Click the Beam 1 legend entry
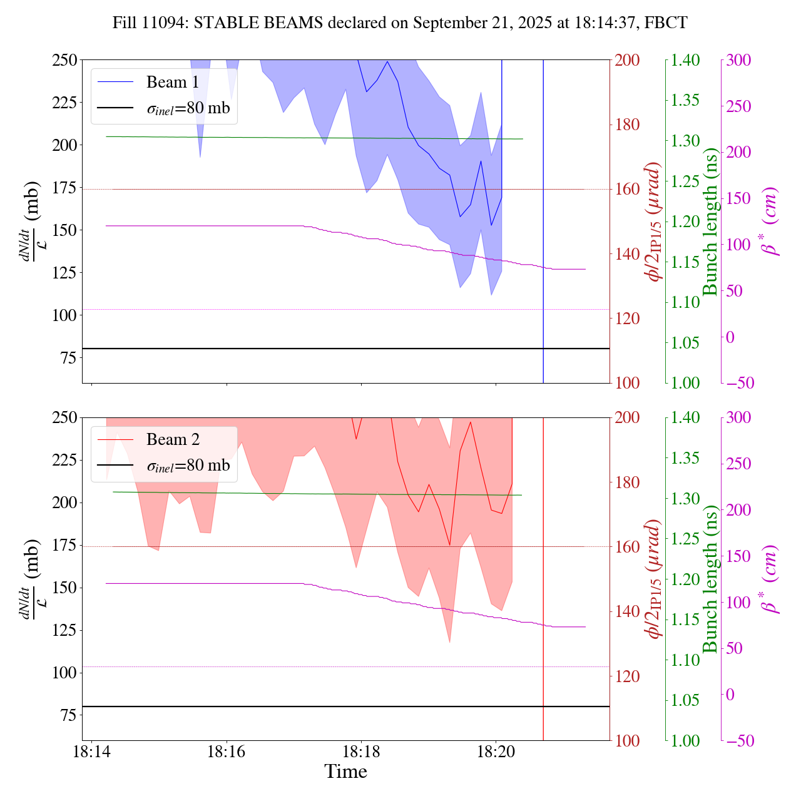[x=172, y=82]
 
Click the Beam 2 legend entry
[x=172, y=440]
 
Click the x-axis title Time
[x=345, y=772]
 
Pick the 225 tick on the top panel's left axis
[x=65, y=102]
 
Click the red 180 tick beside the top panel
[x=628, y=125]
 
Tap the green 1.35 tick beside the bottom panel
[x=685, y=458]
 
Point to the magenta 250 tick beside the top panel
[x=739, y=106]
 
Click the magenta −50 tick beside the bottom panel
[x=739, y=741]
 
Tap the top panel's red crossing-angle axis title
[x=655, y=222]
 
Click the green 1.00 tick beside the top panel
[x=685, y=383]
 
